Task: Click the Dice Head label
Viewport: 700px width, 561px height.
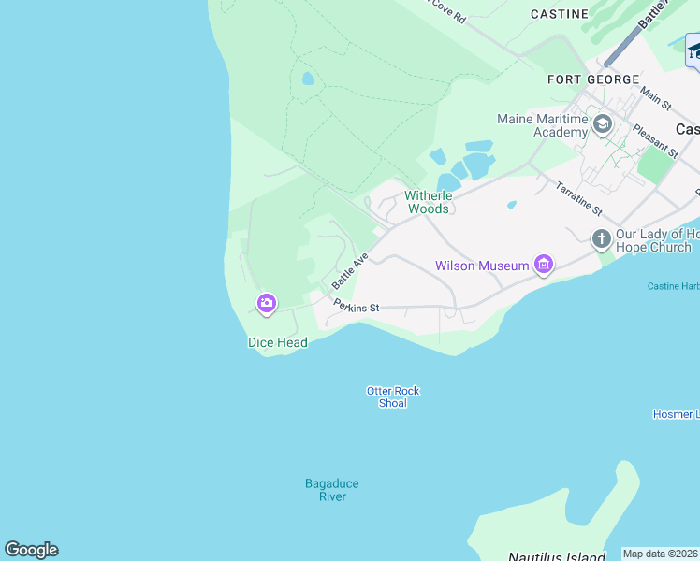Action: coord(278,342)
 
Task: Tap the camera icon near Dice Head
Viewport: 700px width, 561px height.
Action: coord(267,302)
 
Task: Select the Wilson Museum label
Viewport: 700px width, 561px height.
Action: coord(482,266)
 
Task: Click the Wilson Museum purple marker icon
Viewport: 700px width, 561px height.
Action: coord(543,265)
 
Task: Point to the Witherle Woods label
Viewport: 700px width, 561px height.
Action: coord(429,202)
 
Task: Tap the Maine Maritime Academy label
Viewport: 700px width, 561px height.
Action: coord(543,125)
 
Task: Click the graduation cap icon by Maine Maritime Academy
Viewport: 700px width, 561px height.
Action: coord(602,123)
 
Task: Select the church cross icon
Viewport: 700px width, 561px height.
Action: coord(601,239)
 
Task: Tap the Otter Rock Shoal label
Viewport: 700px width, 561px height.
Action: coord(393,396)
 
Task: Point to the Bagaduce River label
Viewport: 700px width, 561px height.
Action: coord(332,490)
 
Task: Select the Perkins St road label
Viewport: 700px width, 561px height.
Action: coord(357,307)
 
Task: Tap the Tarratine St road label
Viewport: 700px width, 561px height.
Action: coord(579,199)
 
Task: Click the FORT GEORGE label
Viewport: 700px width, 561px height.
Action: coord(593,80)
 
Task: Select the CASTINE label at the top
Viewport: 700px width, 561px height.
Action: coord(560,14)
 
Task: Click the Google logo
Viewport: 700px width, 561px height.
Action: coord(31,550)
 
